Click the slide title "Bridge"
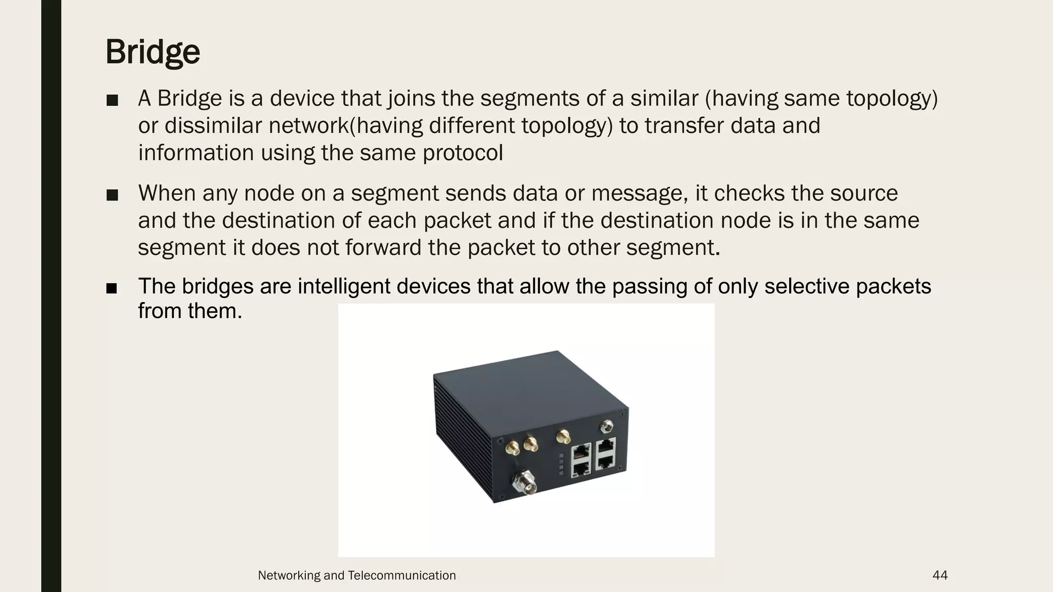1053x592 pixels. tap(153, 52)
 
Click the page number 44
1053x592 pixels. tap(940, 575)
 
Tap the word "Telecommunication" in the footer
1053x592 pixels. tap(402, 575)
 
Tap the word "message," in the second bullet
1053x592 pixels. tap(640, 193)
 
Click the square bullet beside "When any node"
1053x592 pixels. tap(112, 195)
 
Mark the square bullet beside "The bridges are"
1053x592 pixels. tap(112, 288)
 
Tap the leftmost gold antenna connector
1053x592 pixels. tap(512, 448)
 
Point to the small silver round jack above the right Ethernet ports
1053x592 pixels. tap(607, 426)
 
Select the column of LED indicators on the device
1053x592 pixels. tap(561, 464)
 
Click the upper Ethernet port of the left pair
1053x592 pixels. tap(581, 452)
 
